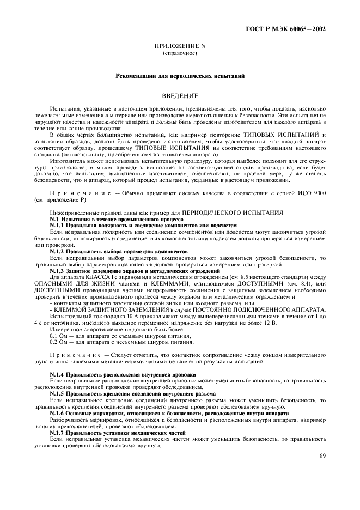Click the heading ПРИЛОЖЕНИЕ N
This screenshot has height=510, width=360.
(x=180, y=47)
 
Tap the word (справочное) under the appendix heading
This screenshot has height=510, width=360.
(x=180, y=54)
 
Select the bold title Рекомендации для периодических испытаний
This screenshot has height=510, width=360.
(x=180, y=76)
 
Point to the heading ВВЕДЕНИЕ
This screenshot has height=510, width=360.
(x=180, y=96)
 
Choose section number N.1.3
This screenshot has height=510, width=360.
(x=57, y=270)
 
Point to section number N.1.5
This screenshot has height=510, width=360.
(x=57, y=393)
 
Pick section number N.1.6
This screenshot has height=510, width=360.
(x=57, y=413)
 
